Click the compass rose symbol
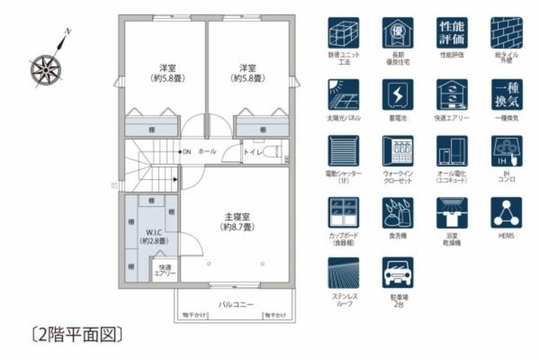46,68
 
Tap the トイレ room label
252,152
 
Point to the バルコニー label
235,304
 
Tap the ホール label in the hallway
207,152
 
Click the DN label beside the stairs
187,152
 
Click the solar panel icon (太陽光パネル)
343,94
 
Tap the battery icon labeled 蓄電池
397,94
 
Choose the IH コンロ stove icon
506,151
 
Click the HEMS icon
506,212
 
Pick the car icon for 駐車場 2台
397,272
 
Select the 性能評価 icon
452,32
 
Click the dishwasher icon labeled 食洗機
397,212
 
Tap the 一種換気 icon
506,94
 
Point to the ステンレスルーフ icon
343,272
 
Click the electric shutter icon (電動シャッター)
343,151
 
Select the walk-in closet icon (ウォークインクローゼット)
397,151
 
